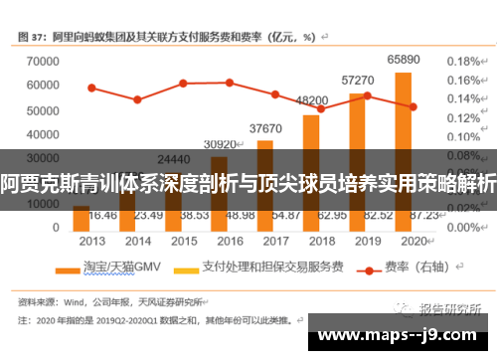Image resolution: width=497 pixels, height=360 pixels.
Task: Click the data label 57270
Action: pos(357,80)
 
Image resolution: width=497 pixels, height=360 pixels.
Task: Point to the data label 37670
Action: pos(265,128)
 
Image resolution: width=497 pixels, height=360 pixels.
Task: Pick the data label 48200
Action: pos(311,100)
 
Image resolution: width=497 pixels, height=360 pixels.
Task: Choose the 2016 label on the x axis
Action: pos(229,241)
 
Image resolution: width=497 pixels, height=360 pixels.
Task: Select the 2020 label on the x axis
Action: pos(412,241)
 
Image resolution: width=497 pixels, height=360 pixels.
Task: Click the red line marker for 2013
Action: pos(91,88)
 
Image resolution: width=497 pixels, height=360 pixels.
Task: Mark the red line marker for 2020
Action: pos(413,106)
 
